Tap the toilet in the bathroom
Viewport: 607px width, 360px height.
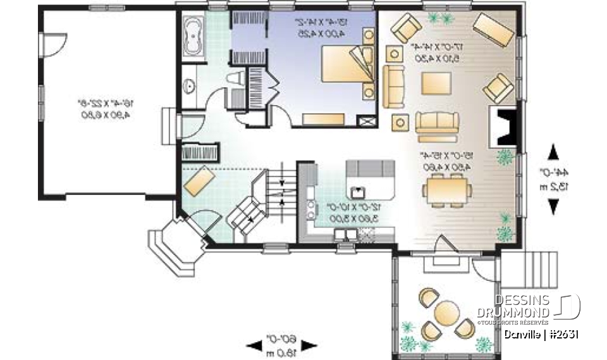tap(235, 79)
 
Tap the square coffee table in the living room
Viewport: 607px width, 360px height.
tap(436, 84)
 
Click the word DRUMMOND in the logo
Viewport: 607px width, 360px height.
tap(513, 313)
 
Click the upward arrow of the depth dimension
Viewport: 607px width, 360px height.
tap(553, 152)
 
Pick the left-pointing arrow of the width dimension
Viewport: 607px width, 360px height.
tap(255, 345)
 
